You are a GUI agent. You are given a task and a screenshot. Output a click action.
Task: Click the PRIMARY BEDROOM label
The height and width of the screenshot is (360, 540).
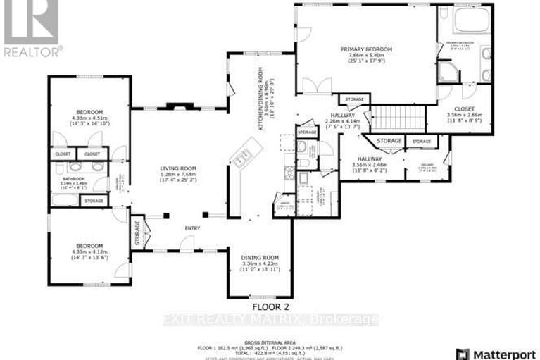[365, 49]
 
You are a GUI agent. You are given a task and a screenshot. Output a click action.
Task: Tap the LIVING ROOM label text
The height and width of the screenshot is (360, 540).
[177, 168]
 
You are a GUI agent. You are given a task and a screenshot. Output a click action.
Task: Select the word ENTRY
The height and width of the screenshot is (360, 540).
[192, 228]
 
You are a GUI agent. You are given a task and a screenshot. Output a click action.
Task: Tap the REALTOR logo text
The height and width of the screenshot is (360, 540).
[32, 51]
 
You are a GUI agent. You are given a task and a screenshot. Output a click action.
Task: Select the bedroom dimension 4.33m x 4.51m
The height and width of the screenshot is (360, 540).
[89, 118]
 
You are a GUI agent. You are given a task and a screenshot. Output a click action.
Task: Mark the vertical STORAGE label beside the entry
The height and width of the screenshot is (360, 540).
[137, 230]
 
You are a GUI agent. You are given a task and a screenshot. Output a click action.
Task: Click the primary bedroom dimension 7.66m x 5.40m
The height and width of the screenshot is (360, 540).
[365, 56]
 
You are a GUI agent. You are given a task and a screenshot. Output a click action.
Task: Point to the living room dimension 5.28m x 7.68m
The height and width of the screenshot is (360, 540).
[177, 175]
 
